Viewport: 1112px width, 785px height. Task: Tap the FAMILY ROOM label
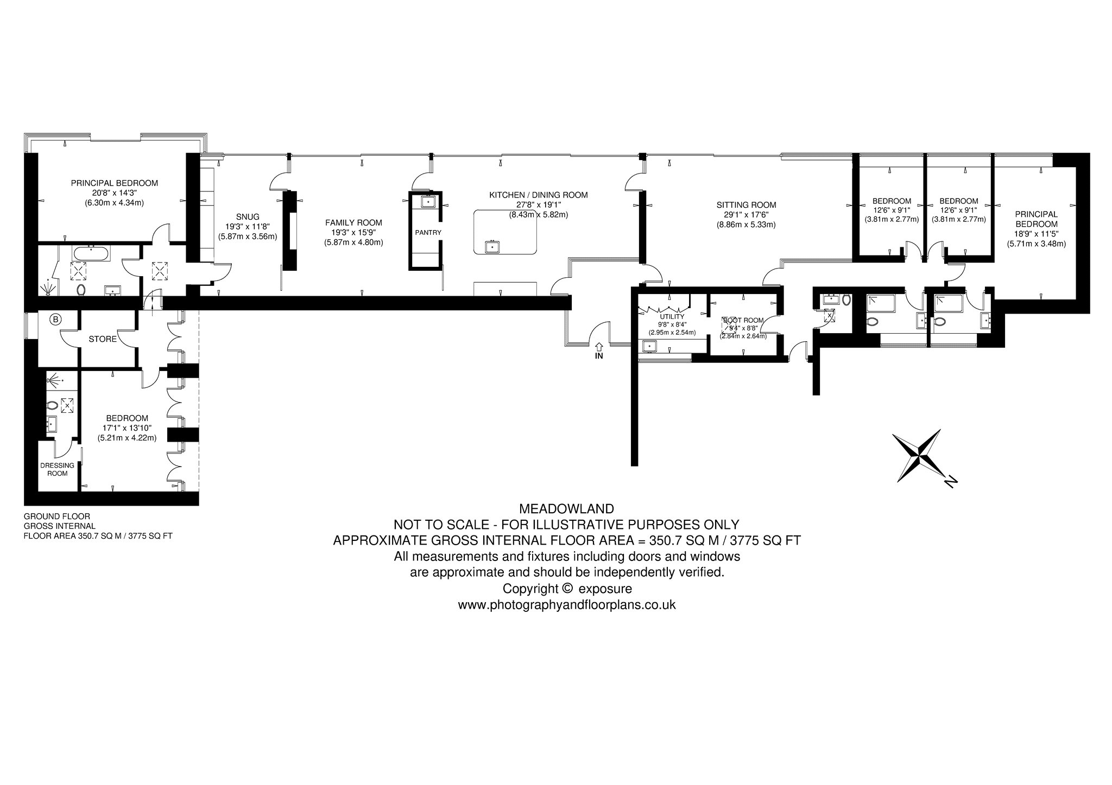[x=353, y=222]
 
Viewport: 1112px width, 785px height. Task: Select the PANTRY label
[x=428, y=232]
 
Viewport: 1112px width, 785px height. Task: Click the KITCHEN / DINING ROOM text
[x=538, y=195]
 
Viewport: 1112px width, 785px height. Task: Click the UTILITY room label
[x=672, y=317]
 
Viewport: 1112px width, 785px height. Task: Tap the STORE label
[x=103, y=339]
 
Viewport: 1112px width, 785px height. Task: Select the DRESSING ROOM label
[x=58, y=469]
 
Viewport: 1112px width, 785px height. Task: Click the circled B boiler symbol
[x=55, y=320]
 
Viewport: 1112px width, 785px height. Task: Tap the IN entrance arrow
[x=599, y=346]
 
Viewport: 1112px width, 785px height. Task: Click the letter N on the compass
[x=950, y=481]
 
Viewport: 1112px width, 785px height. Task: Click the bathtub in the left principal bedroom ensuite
[x=91, y=253]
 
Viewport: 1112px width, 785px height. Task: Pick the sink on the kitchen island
[x=492, y=247]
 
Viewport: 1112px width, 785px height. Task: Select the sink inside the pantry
[x=428, y=201]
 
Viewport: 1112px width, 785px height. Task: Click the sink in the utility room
[x=649, y=346]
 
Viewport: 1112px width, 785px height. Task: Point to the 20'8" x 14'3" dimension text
[x=115, y=193]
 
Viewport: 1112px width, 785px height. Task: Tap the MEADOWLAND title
[x=567, y=509]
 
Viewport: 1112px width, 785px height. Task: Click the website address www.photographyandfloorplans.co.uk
[x=567, y=605]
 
